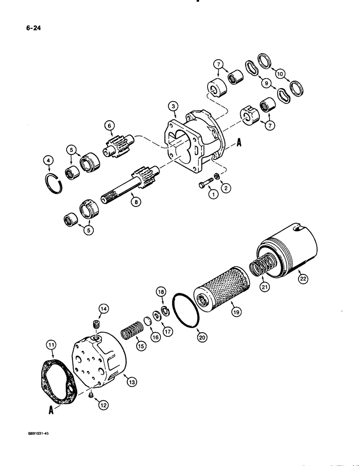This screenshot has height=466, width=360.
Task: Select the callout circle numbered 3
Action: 173,107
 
